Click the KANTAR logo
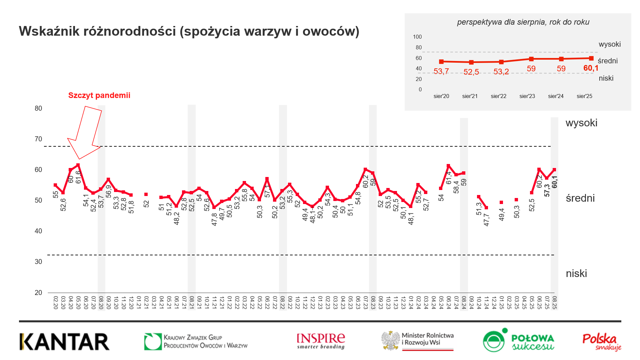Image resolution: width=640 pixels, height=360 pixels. [x=64, y=342]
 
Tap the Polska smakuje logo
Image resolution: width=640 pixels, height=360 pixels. [x=602, y=342]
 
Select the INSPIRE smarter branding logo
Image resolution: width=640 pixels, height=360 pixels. [x=321, y=341]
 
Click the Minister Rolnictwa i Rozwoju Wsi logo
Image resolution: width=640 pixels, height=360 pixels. [x=418, y=341]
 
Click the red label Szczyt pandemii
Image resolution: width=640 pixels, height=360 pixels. [x=99, y=95]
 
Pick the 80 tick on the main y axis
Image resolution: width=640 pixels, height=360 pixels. [x=38, y=108]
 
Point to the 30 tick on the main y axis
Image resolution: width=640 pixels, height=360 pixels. [x=38, y=262]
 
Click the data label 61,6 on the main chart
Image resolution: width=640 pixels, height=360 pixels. [x=78, y=177]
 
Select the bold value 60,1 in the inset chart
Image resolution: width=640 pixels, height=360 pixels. [x=591, y=68]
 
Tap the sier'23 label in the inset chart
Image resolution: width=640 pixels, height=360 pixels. [x=527, y=96]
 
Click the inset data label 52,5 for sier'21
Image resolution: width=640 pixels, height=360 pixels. [x=471, y=72]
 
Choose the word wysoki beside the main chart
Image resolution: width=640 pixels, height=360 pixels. [x=581, y=123]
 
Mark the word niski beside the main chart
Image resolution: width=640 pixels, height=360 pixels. [x=576, y=274]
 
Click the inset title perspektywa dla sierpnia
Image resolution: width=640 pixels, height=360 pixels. [x=523, y=22]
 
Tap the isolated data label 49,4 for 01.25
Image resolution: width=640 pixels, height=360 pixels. [x=502, y=214]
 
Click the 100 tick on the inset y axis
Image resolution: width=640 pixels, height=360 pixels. [x=417, y=37]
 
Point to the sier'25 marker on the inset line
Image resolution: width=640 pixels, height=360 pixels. [x=591, y=58]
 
